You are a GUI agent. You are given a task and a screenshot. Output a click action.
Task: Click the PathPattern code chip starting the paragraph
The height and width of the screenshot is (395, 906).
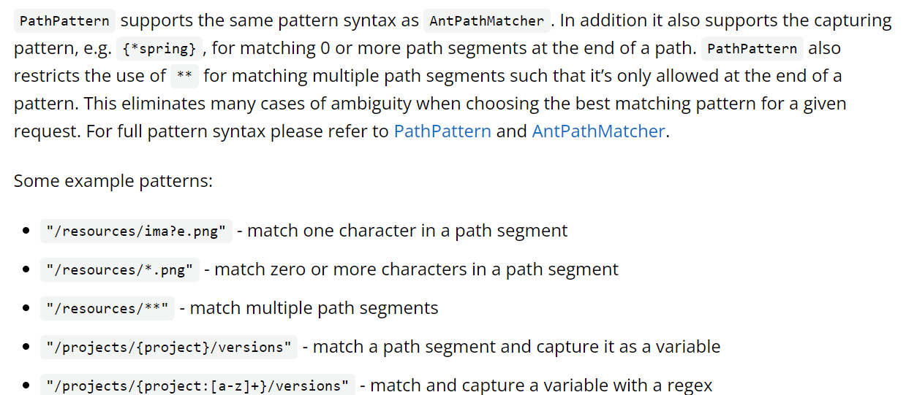(64, 21)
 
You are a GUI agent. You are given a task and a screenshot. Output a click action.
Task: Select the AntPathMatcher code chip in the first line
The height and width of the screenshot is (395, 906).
(486, 21)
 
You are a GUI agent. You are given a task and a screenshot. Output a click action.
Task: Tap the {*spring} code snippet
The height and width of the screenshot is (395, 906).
(159, 49)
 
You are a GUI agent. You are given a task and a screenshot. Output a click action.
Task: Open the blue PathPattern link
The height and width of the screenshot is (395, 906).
(442, 131)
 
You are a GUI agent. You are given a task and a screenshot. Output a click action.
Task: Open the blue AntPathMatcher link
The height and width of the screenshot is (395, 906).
(598, 131)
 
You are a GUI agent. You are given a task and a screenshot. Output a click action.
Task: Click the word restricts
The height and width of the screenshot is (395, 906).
(48, 76)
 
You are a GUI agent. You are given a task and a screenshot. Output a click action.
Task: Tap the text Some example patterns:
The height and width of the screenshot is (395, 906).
(113, 180)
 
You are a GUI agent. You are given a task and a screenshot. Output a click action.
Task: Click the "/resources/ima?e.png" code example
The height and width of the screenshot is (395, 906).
(136, 231)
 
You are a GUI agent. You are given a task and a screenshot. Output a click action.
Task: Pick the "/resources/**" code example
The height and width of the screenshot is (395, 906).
(107, 309)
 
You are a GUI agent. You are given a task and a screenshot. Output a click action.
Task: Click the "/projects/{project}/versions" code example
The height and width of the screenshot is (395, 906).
(169, 348)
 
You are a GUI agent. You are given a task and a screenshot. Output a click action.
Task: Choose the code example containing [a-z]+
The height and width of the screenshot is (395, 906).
(197, 386)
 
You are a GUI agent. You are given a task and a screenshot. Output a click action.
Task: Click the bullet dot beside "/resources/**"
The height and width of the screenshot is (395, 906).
(26, 309)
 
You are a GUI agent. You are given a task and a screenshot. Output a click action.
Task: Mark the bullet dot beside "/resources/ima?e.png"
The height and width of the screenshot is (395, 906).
(26, 231)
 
